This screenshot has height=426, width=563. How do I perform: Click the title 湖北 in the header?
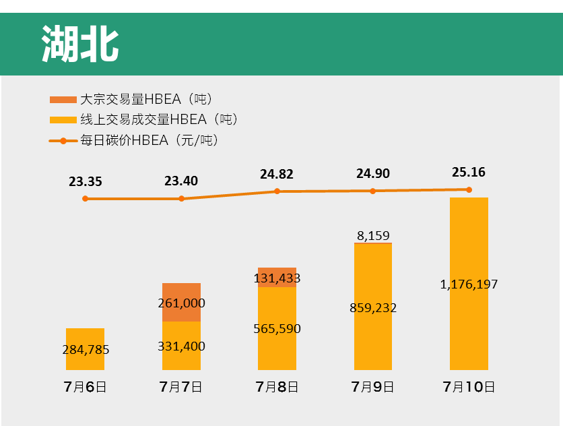80,44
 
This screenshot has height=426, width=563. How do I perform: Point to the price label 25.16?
469,172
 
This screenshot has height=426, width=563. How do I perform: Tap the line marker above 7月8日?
277,191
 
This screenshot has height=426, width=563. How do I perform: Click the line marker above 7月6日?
85,199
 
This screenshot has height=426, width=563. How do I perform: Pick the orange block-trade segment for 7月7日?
181,302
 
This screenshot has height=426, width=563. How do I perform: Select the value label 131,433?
277,278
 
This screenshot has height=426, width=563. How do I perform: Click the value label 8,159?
373,236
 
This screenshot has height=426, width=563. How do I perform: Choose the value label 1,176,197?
469,284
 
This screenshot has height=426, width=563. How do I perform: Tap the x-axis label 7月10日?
469,387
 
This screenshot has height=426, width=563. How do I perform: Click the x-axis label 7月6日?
85,387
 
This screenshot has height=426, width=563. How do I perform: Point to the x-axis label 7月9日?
373,387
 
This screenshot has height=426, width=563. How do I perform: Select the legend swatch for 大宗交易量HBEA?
63,100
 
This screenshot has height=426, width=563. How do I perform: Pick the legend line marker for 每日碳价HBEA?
63,141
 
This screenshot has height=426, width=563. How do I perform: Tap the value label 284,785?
86,350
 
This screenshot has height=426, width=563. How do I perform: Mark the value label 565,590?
277,329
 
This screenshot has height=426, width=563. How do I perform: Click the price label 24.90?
373,174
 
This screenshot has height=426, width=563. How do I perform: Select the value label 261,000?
181,303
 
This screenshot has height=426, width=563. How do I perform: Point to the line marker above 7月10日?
469,189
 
